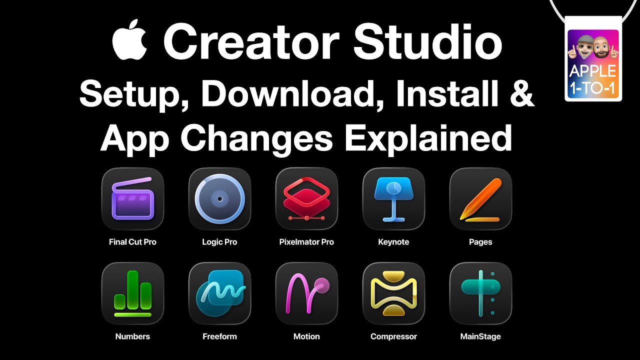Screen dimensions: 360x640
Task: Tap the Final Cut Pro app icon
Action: click(132, 198)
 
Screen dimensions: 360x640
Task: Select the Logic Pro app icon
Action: click(219, 198)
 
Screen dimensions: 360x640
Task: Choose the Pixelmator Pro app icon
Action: click(306, 198)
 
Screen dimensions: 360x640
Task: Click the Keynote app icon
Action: click(393, 198)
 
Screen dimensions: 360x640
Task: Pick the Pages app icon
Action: click(480, 198)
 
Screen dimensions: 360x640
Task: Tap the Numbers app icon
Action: click(132, 293)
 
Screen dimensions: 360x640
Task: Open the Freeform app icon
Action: click(219, 293)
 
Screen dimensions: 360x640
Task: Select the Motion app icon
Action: click(306, 293)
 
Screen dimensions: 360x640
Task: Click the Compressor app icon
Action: click(393, 293)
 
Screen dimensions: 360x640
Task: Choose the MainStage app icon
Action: click(480, 293)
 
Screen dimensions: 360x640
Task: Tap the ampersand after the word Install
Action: click(520, 93)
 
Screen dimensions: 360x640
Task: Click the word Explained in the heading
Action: click(428, 138)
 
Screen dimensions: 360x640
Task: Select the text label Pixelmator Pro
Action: click(306, 242)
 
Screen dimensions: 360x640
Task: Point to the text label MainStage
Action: click(480, 336)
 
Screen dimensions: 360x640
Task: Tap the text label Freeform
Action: click(219, 336)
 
